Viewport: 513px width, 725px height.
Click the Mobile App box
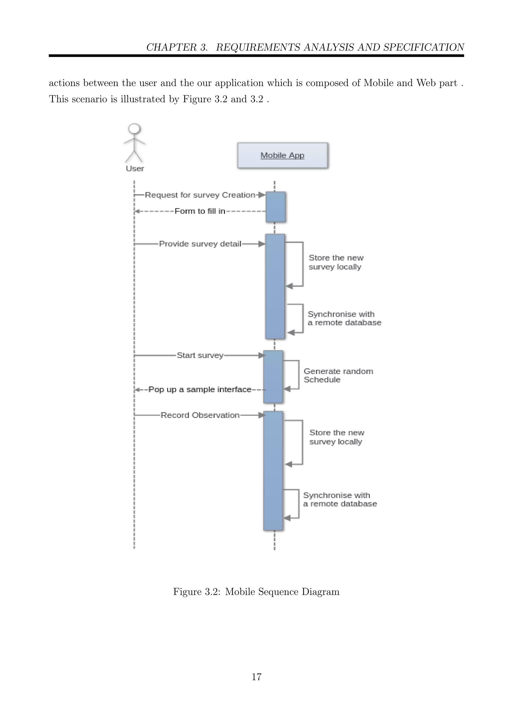pyautogui.click(x=282, y=155)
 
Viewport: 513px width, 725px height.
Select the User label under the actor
pyautogui.click(x=135, y=169)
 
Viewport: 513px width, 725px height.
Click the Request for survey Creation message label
pyautogui.click(x=200, y=195)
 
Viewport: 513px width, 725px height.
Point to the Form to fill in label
pyautogui.click(x=200, y=211)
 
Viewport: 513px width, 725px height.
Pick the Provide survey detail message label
pyautogui.click(x=200, y=244)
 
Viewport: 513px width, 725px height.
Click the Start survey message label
pyautogui.click(x=200, y=355)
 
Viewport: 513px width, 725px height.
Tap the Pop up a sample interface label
pyautogui.click(x=200, y=390)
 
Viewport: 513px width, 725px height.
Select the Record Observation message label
pyautogui.click(x=200, y=415)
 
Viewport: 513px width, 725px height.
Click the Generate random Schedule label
pyautogui.click(x=338, y=376)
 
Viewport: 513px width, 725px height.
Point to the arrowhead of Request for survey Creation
pyautogui.click(x=262, y=195)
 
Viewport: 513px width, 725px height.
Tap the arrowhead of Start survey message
pyautogui.click(x=262, y=355)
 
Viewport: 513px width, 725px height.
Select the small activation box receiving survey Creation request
pyautogui.click(x=276, y=207)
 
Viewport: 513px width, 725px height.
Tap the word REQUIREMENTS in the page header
pyautogui.click(x=258, y=47)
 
